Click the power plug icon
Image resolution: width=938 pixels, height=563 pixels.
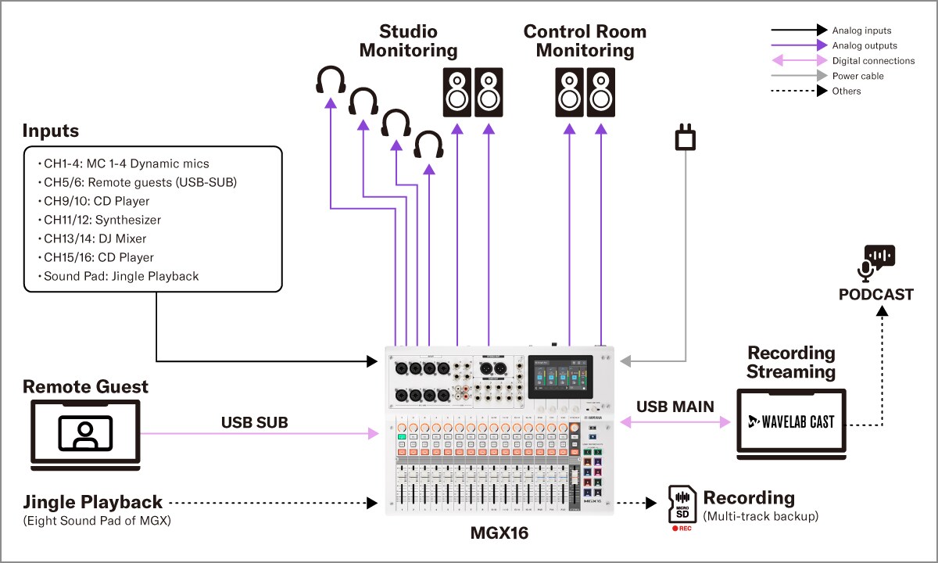(686, 139)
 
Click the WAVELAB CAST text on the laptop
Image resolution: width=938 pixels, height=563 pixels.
(790, 421)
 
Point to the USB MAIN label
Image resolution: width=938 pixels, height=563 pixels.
(675, 407)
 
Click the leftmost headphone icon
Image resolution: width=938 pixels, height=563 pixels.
(331, 81)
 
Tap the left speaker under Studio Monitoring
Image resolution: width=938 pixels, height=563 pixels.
(458, 92)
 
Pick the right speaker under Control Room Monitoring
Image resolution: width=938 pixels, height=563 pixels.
(602, 92)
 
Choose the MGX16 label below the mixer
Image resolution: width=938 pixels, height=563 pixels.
(500, 534)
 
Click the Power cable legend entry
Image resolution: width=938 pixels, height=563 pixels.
(857, 76)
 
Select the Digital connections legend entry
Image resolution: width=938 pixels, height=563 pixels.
(873, 60)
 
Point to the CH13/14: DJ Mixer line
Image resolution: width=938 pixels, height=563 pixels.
(95, 238)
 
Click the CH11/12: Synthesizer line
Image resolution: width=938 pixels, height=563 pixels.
(102, 220)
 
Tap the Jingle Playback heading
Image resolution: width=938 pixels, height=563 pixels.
(92, 502)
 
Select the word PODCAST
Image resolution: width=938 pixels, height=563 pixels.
(875, 295)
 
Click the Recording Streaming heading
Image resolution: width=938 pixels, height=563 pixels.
(791, 362)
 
